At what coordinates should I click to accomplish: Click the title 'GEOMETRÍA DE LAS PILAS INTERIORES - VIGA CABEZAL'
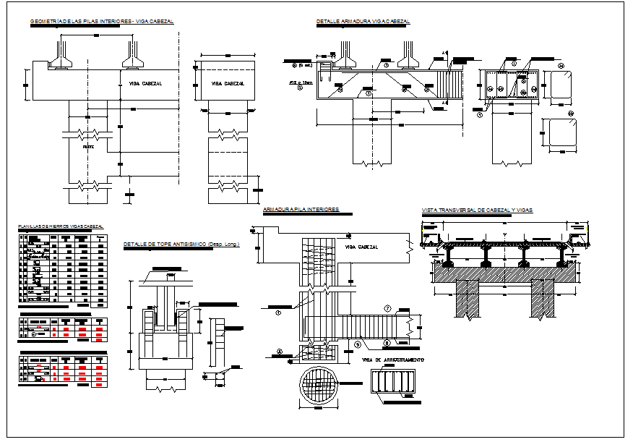[102, 22]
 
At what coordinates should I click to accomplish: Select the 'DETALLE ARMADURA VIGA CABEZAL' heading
[363, 22]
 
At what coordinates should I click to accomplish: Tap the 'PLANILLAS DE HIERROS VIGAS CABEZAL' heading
[61, 227]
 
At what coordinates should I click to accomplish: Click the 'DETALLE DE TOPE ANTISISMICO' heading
[165, 245]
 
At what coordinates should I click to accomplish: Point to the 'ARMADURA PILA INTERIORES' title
[301, 209]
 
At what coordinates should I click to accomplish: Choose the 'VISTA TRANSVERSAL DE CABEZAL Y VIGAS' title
[477, 210]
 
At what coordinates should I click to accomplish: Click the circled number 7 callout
[387, 309]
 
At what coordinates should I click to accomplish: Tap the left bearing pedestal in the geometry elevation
[59, 55]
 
